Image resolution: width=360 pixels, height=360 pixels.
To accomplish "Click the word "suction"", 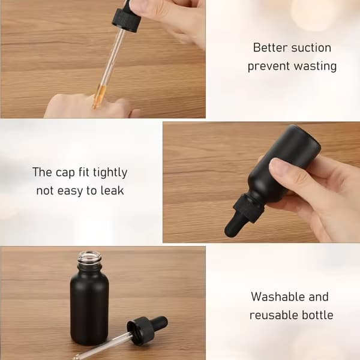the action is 311,48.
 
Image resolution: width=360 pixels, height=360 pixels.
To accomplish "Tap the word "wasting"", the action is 315,67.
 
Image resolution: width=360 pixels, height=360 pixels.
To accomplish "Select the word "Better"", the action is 270,48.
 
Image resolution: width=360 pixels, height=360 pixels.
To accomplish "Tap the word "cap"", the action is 65,173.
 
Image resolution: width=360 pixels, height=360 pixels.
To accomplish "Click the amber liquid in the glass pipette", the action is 99,97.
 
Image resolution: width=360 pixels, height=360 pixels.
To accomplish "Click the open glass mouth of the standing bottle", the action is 89,257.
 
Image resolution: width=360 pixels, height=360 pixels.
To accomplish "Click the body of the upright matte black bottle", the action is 89,308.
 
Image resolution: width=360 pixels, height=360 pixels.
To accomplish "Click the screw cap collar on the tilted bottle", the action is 248,208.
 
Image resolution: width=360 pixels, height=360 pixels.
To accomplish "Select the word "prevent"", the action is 269,67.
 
